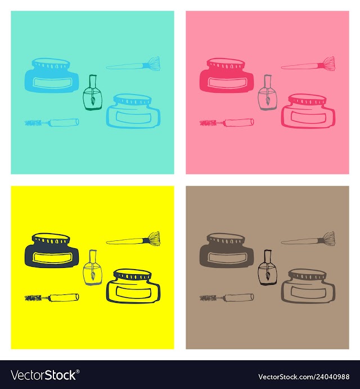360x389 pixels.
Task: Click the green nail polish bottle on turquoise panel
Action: point(92,92)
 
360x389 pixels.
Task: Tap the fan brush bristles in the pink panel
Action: point(328,64)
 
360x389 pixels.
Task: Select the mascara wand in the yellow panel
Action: point(52,297)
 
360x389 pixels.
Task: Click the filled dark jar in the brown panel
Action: point(227,251)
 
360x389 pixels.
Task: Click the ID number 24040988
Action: point(331,377)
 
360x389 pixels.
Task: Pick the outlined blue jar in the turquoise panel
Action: point(133,111)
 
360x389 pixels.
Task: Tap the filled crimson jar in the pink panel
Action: point(227,75)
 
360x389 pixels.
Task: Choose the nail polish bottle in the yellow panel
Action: point(92,267)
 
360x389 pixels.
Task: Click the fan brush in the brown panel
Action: point(308,239)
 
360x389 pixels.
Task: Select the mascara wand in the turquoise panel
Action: point(52,122)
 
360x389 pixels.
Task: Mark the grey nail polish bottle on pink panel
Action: point(268,92)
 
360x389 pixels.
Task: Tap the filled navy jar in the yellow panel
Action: point(52,251)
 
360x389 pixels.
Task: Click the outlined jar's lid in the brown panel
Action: point(308,274)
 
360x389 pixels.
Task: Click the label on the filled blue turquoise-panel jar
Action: point(52,83)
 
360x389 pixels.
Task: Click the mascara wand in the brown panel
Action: point(227,297)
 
